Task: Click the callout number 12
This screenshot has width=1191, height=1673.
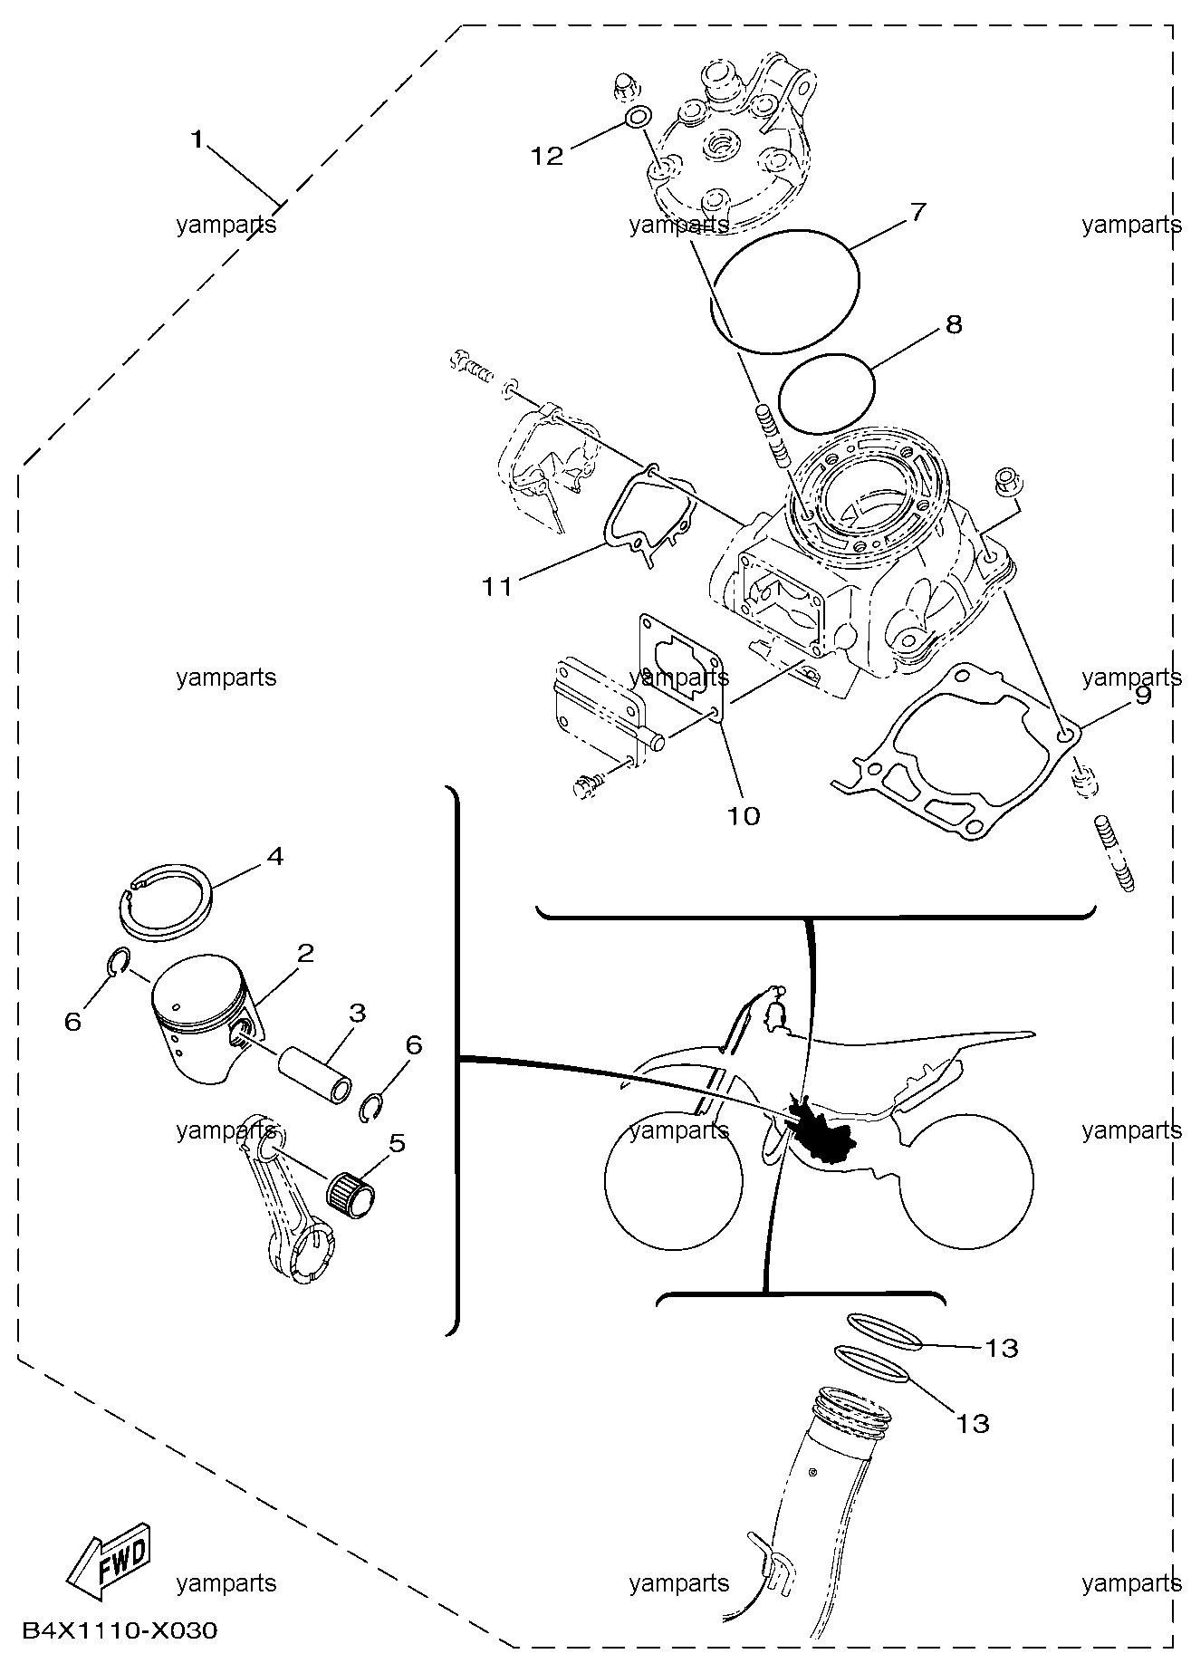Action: click(547, 156)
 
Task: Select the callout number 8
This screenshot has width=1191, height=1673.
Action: click(954, 324)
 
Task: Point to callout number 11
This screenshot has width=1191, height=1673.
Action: click(497, 587)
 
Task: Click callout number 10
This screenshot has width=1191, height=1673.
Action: click(743, 815)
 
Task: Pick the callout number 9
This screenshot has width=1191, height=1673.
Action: click(1141, 696)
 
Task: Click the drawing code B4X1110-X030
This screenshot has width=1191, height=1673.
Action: click(120, 1631)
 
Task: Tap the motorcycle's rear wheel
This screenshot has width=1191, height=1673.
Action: click(966, 1182)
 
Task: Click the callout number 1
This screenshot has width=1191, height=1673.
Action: click(196, 139)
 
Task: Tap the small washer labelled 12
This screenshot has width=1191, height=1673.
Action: click(639, 118)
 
